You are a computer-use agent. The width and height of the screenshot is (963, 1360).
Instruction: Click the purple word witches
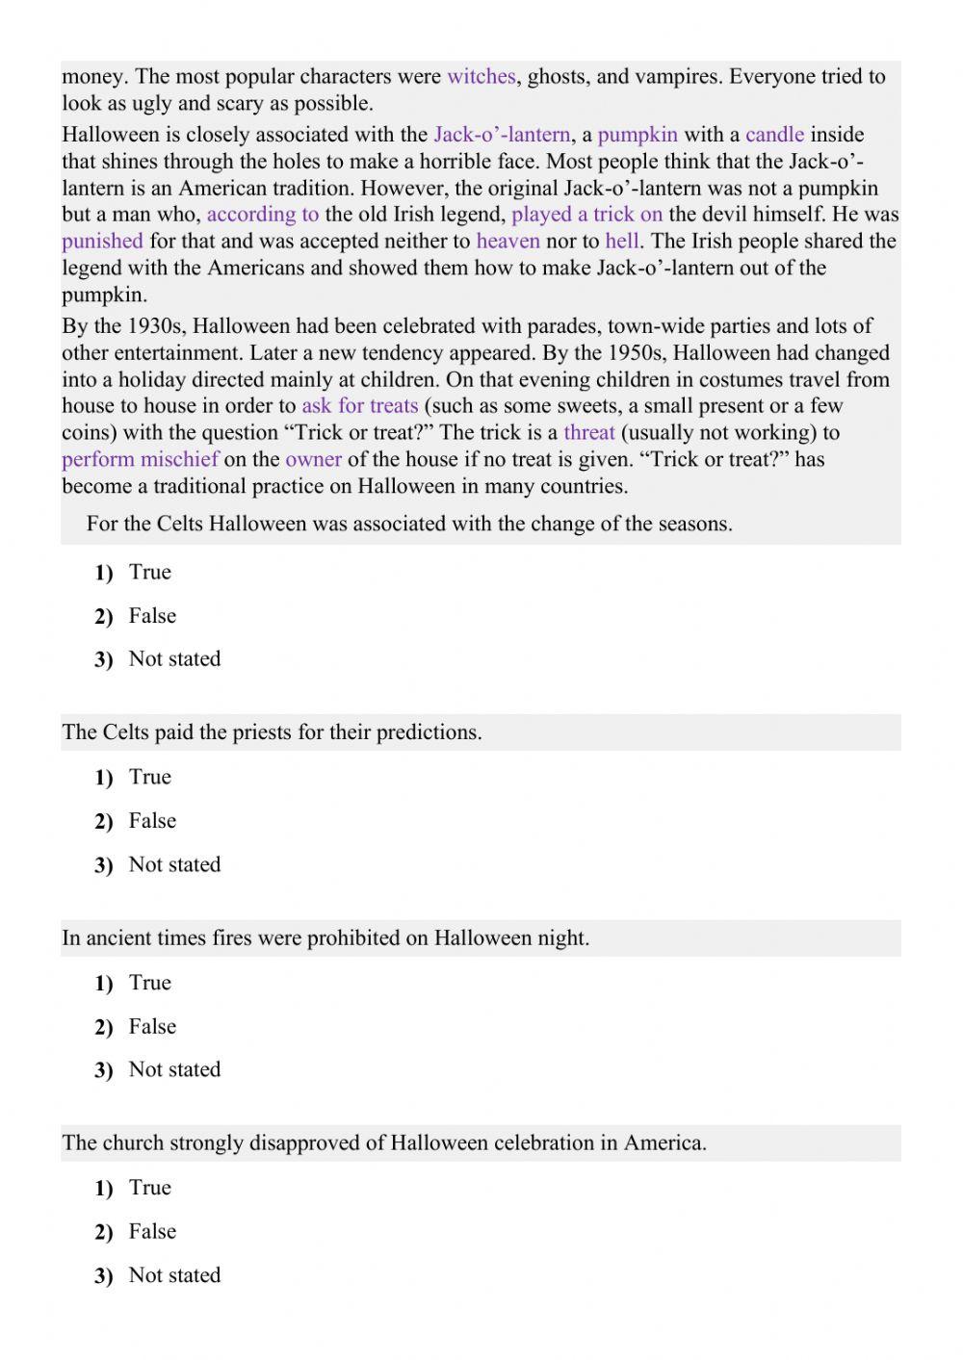pyautogui.click(x=481, y=77)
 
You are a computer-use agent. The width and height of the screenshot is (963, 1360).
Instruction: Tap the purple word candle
pyautogui.click(x=774, y=135)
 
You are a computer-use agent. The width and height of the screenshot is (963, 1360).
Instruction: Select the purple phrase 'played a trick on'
pyautogui.click(x=586, y=215)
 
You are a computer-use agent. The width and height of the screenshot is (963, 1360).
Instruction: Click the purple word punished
pyautogui.click(x=102, y=242)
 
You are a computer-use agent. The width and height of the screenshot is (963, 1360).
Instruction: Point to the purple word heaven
pyautogui.click(x=508, y=242)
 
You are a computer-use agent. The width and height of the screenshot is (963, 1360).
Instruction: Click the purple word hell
pyautogui.click(x=622, y=242)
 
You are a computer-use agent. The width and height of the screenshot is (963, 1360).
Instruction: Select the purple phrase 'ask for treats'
pyautogui.click(x=359, y=406)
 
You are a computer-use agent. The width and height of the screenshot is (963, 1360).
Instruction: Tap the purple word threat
pyautogui.click(x=588, y=433)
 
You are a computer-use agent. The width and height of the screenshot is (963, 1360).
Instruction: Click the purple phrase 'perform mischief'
pyautogui.click(x=140, y=460)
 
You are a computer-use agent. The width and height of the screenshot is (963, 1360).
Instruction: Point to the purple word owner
pyautogui.click(x=313, y=460)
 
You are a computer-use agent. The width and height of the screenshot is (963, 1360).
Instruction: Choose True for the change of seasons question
pyautogui.click(x=149, y=573)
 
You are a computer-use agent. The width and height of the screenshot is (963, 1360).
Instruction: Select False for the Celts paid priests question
pyautogui.click(x=152, y=821)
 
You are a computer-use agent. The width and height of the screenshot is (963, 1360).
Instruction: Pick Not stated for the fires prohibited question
pyautogui.click(x=174, y=1069)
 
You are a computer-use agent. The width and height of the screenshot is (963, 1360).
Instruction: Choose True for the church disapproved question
pyautogui.click(x=149, y=1188)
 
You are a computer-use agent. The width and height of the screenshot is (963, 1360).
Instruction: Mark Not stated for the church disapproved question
pyautogui.click(x=174, y=1275)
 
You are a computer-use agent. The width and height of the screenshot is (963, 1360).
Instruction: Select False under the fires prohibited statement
pyautogui.click(x=152, y=1027)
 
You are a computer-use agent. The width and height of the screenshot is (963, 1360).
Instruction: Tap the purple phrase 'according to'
pyautogui.click(x=262, y=215)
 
